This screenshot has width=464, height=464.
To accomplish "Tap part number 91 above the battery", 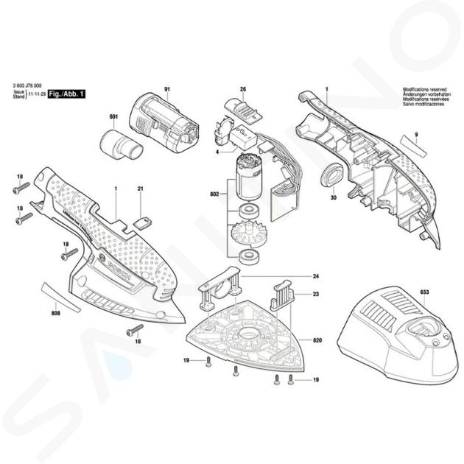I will tap(167, 91).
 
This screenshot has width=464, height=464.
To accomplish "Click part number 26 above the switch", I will tap(242, 90).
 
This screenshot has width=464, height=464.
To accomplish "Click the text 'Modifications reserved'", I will tap(423, 89).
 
